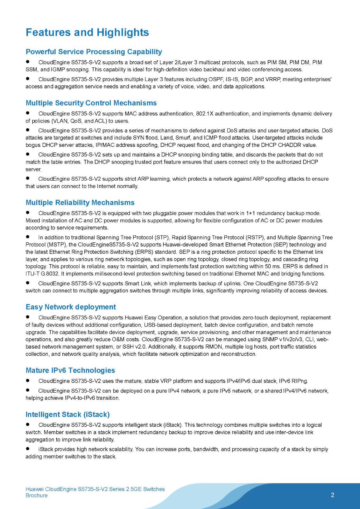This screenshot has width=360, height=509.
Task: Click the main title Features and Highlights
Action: click(87, 32)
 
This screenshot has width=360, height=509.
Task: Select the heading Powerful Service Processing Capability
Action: click(94, 52)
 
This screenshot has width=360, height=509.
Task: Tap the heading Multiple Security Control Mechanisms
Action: click(91, 103)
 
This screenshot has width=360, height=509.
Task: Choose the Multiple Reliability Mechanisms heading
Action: click(80, 203)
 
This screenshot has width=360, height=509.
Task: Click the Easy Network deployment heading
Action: click(71, 307)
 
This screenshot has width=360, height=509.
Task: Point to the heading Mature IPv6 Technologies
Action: click(70, 370)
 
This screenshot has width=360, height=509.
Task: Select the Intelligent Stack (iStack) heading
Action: click(67, 415)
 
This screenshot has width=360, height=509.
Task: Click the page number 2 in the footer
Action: click(332, 495)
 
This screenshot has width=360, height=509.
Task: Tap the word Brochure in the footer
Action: click(36, 495)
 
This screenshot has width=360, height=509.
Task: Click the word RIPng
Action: click(300, 381)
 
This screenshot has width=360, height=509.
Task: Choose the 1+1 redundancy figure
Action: click(251, 213)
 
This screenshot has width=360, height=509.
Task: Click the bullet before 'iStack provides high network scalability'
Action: click(28, 449)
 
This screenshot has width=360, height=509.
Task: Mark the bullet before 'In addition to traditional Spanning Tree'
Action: click(28, 237)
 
